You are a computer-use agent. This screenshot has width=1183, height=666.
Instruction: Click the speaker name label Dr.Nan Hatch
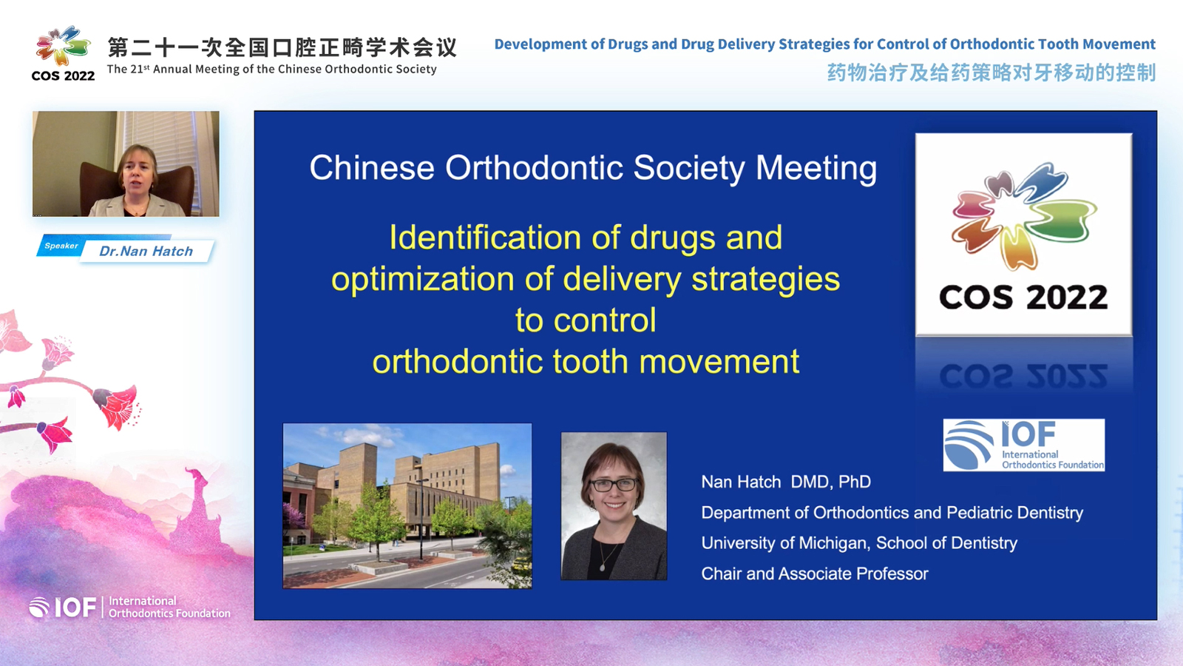[x=146, y=251]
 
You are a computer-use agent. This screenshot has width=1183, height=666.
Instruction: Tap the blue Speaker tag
[x=61, y=246]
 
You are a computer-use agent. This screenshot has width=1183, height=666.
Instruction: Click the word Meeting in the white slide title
[x=816, y=169]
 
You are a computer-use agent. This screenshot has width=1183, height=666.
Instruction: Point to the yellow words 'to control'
[x=586, y=320]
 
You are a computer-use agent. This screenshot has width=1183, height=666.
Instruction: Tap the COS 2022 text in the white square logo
[x=1023, y=297]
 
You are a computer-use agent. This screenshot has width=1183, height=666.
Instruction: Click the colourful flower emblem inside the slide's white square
[x=1023, y=215]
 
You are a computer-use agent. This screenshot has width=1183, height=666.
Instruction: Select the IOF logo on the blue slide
[x=1024, y=445]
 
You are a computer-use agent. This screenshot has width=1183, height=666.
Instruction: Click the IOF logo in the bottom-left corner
[x=130, y=608]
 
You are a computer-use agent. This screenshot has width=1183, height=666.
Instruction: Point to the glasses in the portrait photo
[x=614, y=484]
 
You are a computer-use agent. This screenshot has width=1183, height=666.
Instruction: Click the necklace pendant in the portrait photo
[x=603, y=567]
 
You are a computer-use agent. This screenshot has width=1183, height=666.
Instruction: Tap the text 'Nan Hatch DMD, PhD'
[x=786, y=482]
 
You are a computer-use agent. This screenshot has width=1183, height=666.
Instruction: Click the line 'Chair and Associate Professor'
[x=815, y=574]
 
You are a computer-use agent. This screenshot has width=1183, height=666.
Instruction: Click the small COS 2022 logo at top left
[x=63, y=53]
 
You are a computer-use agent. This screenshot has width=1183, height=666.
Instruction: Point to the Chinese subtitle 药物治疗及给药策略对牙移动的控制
[x=992, y=73]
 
